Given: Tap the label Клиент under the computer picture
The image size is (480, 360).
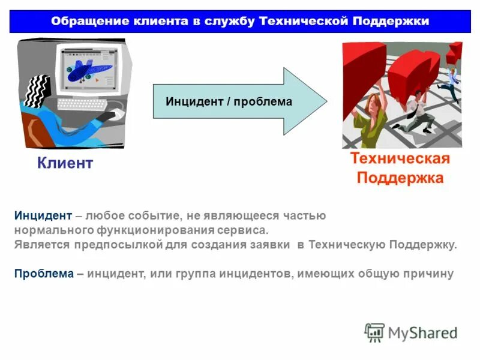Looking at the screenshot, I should (x=65, y=163).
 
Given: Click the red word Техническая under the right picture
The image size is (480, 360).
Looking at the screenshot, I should (x=400, y=158).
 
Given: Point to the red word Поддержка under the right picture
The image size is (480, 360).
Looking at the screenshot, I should (x=400, y=178).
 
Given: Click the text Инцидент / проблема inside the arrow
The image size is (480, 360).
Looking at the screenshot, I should (x=229, y=102).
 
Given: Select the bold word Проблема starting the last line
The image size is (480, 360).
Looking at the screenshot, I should (x=43, y=274).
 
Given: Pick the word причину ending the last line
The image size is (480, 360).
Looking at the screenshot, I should (x=428, y=274).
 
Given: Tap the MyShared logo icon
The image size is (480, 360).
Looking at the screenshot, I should (x=374, y=332).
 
